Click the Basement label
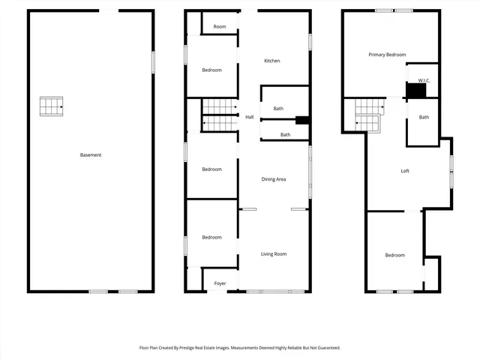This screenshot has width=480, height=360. (91, 155)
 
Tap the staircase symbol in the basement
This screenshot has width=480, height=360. (51, 106)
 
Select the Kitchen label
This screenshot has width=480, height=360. (271, 61)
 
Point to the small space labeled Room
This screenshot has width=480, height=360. (219, 27)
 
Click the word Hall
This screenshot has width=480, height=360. (249, 117)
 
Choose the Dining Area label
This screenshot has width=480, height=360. (273, 179)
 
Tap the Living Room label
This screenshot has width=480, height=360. (274, 254)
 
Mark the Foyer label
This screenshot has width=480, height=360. (220, 283)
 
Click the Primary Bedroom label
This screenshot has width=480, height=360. (387, 55)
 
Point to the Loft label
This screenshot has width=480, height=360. (405, 171)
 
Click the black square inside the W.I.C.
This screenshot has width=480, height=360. (415, 91)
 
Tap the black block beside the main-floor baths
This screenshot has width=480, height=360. (302, 120)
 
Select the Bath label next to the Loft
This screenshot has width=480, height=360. (424, 117)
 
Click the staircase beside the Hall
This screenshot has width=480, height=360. (220, 115)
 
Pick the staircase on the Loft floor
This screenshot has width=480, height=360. (368, 117)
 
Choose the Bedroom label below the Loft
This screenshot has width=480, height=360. (394, 255)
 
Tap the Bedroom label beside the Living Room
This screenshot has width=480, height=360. (211, 238)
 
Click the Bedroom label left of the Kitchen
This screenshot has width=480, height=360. (211, 70)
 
